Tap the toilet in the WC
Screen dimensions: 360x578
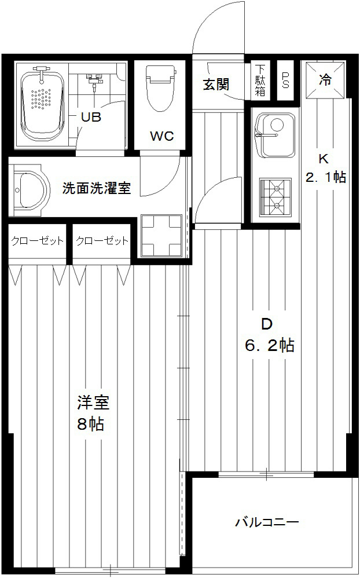(161, 89)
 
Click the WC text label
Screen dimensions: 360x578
(161, 136)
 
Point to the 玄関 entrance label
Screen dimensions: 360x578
(216, 85)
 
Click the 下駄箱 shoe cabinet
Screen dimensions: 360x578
(260, 80)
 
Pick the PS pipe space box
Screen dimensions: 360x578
(285, 80)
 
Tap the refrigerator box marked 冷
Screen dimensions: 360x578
(325, 79)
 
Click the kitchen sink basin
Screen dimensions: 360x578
(275, 135)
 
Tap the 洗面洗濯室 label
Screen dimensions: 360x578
(96, 188)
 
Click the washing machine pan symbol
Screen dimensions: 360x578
(161, 236)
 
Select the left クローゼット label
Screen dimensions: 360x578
(37, 241)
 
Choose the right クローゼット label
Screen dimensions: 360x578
(102, 241)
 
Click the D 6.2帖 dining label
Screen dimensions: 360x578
(269, 335)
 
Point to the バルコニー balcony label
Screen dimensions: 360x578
(267, 522)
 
